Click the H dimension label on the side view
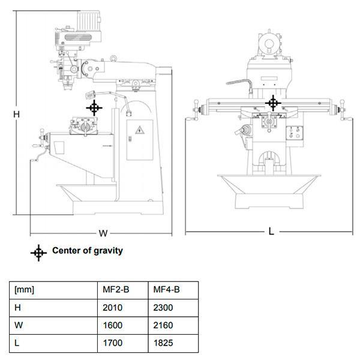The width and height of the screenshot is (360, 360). tap(17, 115)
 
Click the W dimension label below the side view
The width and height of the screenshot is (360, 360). tap(103, 233)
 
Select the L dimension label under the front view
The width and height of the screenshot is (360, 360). tap(271, 232)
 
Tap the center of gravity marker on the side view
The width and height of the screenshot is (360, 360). tap(94, 107)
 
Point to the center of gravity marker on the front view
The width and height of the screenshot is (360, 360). tap(273, 103)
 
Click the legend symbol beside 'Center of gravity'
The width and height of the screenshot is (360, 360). tap(38, 253)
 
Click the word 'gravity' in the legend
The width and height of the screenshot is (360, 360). tap(109, 251)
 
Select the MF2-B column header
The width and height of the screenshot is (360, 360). tap(116, 290)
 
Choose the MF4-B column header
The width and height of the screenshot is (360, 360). tap(166, 290)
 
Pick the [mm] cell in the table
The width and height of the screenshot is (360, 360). tap(24, 290)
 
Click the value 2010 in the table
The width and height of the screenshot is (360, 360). tap(113, 308)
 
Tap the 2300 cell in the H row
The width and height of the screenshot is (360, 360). tap(163, 308)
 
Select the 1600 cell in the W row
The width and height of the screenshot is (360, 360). tap(113, 325)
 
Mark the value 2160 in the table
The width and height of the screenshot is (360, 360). tap(163, 325)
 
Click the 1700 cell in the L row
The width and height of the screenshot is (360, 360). tap(113, 343)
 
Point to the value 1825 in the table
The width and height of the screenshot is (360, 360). tap(163, 343)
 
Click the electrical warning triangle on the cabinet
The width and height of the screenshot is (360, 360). tap(140, 130)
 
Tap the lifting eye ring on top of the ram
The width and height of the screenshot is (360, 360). tap(113, 58)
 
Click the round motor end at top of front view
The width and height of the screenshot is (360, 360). tap(269, 44)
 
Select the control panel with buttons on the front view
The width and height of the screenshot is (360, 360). tap(295, 133)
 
